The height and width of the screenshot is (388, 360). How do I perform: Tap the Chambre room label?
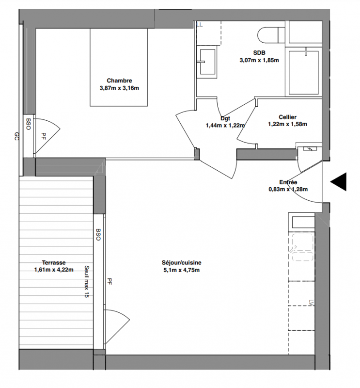pos(119,81)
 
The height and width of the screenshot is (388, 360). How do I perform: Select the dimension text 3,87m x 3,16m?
pos(119,88)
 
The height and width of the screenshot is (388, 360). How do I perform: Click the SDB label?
pos(259,53)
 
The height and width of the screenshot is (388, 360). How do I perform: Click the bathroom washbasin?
pos(207,62)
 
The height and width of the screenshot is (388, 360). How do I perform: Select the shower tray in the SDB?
pos(304,73)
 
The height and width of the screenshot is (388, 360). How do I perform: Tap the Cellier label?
pos(287,117)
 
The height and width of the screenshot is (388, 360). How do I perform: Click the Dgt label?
pos(225,118)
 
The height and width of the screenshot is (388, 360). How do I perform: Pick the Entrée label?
pos(288,182)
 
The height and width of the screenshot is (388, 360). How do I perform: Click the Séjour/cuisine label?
pos(182,262)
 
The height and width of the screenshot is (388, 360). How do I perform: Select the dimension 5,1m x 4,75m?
pos(182,270)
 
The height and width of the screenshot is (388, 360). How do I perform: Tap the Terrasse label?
pos(54,262)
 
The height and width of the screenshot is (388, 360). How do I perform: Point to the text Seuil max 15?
pos(87,281)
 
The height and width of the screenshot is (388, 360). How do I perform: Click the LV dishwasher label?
pos(311,303)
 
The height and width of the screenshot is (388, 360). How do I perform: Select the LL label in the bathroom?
pos(200,25)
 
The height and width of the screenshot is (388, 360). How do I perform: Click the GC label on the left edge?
pos(16,136)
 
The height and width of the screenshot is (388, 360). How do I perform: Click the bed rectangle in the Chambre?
pos(119,67)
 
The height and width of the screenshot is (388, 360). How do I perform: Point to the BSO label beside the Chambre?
pos(28,124)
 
